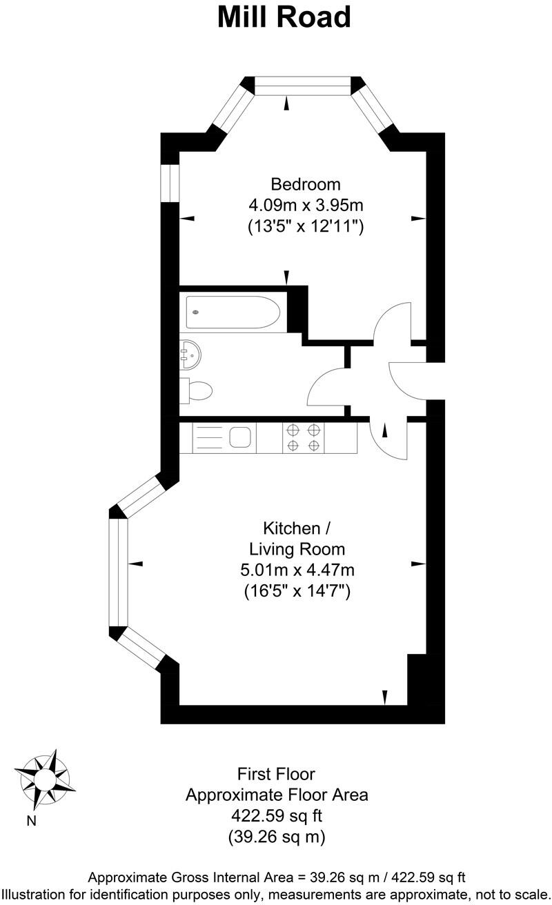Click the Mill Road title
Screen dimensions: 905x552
click(x=284, y=17)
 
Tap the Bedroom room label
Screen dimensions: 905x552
click(x=305, y=184)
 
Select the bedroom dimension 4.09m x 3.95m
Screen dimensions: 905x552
click(x=305, y=205)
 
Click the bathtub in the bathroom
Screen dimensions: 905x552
click(x=233, y=312)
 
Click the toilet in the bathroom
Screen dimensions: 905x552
click(x=197, y=391)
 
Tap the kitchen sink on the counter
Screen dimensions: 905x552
click(x=239, y=437)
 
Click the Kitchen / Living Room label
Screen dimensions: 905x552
click(x=297, y=539)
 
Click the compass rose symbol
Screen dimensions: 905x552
click(x=44, y=779)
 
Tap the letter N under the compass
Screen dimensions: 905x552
click(x=31, y=821)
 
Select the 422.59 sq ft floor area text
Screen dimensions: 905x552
click(x=276, y=816)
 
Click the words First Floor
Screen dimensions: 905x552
click(x=276, y=773)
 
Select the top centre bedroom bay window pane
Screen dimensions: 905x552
click(x=304, y=86)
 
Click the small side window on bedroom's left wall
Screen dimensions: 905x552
click(x=170, y=182)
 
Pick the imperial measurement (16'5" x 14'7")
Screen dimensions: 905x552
click(x=297, y=591)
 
